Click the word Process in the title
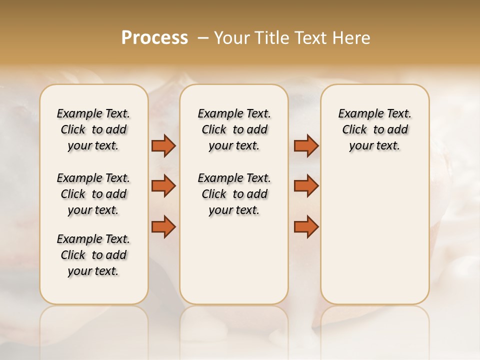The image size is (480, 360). pos(154,38)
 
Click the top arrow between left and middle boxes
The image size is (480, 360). pos(163,146)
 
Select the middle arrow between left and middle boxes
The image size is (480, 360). pos(163,186)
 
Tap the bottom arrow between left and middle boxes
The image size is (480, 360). pos(163,227)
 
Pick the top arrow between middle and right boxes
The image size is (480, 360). pos(306,146)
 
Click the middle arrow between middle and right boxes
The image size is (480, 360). pos(306,186)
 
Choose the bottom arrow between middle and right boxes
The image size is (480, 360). pos(306,227)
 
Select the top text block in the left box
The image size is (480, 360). pos(93,129)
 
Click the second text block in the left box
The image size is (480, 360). pos(93,194)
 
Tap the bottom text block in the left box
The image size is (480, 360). pos(93,255)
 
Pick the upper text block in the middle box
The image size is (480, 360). pos(234,129)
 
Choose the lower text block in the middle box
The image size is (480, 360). pos(234,194)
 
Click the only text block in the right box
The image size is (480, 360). pos(374,129)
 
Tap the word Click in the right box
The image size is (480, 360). pos(354,130)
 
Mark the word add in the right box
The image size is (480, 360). pos(398,130)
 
